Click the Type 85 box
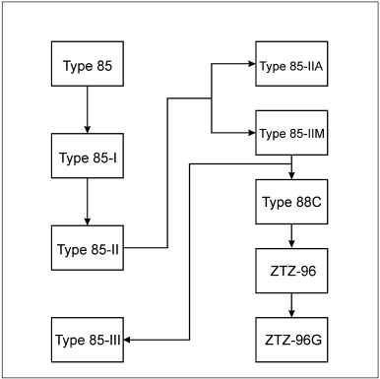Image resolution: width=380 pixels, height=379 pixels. coord(88,64)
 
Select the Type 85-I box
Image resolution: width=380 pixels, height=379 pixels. coord(88,156)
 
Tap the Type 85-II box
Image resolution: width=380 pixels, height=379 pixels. coord(88,248)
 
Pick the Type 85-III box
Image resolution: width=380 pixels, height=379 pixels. coord(88,340)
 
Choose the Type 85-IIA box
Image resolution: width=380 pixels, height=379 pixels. coord(291,64)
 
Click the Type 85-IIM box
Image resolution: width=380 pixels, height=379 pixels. coord(291,133)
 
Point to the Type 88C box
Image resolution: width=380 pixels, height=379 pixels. coord(291,202)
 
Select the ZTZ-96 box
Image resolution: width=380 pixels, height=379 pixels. coord(291,271)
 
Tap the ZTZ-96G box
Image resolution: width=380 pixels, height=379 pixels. coord(291,340)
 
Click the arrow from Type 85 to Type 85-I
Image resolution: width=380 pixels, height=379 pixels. coord(88,109)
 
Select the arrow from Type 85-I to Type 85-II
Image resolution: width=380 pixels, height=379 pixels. coord(88,202)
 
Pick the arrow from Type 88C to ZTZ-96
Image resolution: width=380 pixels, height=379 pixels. coord(291,236)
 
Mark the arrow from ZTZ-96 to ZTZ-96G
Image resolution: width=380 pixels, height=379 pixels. coord(291,305)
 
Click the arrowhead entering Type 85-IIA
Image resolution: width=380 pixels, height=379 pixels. coord(252,64)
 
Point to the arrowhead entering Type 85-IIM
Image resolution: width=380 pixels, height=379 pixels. coord(252,133)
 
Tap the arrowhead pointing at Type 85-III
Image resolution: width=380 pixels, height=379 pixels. coord(127,340)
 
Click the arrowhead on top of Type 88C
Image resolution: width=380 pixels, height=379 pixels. coord(291,175)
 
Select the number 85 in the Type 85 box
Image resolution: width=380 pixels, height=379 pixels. coord(104,66)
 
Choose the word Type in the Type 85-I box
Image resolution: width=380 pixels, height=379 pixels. coord(74,158)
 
